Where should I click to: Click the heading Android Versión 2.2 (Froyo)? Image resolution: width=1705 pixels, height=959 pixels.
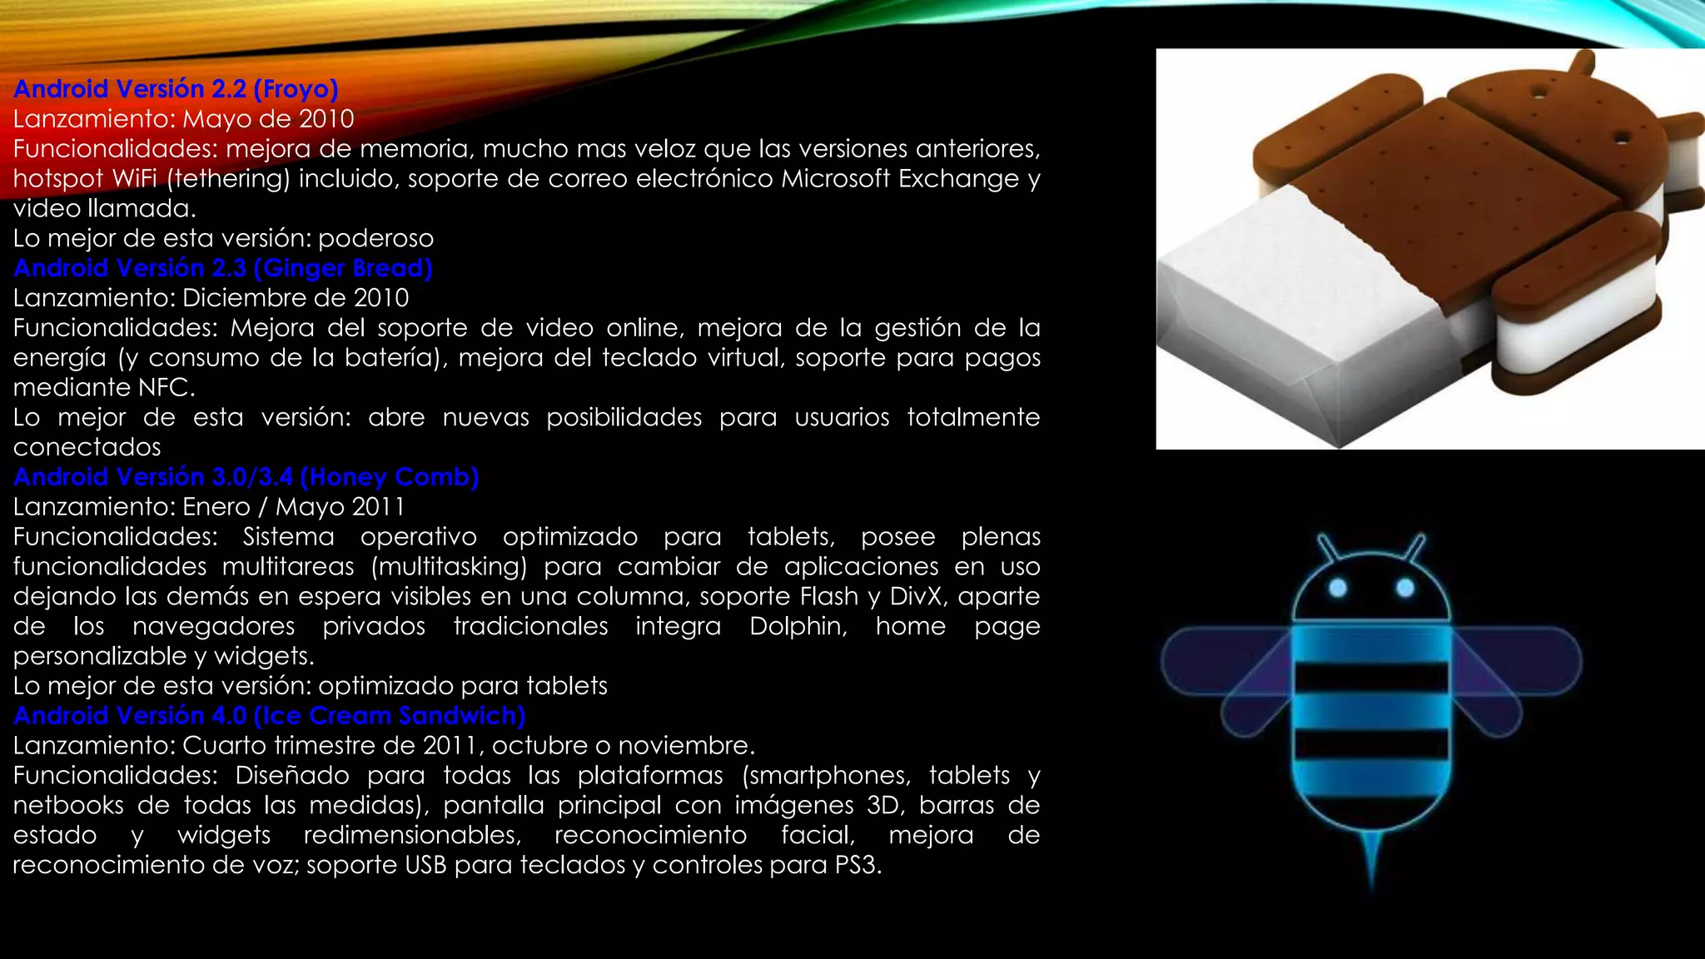tap(176, 89)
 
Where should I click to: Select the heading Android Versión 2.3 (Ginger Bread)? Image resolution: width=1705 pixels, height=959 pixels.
tap(222, 268)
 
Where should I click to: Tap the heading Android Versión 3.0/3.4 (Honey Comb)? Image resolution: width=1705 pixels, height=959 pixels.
tap(246, 477)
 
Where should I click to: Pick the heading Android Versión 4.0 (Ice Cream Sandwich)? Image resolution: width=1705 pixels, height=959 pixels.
tap(269, 716)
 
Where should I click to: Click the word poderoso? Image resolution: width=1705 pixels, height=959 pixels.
tap(375, 239)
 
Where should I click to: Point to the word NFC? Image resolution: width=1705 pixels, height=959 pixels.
tap(166, 388)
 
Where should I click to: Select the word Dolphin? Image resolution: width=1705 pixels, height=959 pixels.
tap(798, 626)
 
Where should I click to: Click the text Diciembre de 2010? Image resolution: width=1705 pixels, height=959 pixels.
tap(296, 298)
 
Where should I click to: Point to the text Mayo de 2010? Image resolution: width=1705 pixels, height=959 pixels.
tap(268, 119)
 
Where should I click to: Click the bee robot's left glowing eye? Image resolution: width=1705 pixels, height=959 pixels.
tap(1338, 589)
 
